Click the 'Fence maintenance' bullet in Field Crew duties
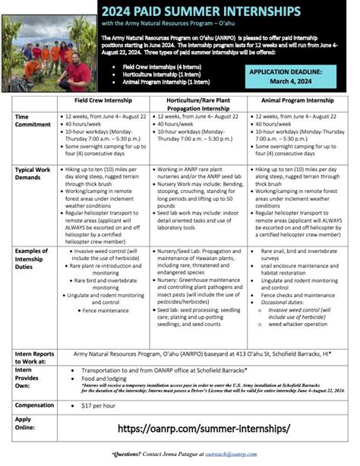(x=106, y=310)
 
